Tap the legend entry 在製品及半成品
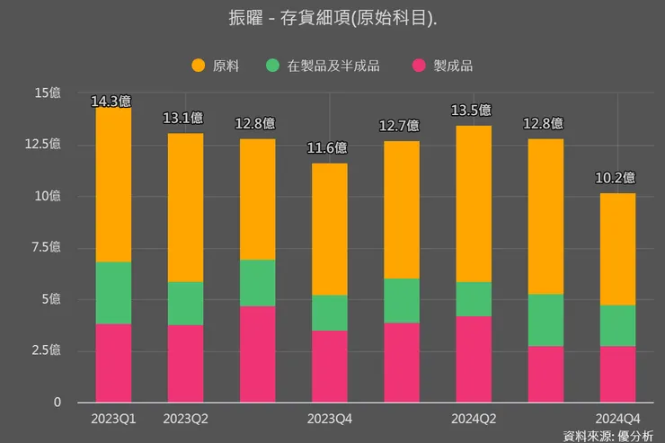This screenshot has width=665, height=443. [x=324, y=65]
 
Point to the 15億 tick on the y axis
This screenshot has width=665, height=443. [x=48, y=93]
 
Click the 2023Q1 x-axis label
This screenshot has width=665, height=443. [x=113, y=418]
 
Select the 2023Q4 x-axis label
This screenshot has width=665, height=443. [x=329, y=418]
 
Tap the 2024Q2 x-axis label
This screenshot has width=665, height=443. [x=473, y=418]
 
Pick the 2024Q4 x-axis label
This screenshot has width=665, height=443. [x=617, y=418]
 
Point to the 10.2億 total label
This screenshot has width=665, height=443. [x=616, y=178]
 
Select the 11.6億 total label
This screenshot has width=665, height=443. [x=329, y=148]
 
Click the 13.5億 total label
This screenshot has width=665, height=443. [x=473, y=111]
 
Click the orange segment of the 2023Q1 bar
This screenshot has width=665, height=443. [x=113, y=184]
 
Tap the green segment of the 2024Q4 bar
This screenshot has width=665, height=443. [x=617, y=325]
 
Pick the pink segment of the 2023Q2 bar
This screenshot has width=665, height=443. [x=185, y=364]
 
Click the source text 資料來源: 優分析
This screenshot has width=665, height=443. [x=608, y=435]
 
